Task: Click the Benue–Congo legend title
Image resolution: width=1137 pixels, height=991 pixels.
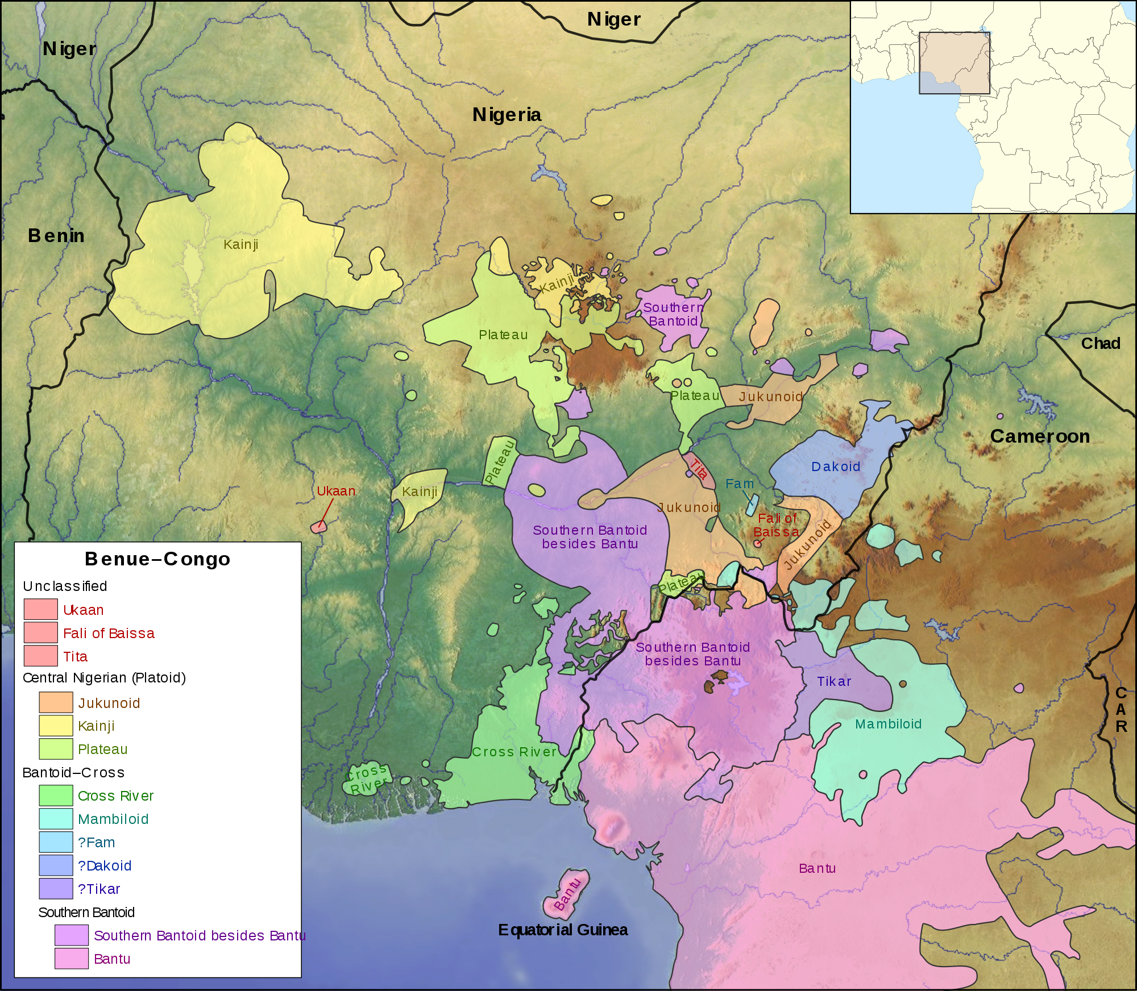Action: [157, 559]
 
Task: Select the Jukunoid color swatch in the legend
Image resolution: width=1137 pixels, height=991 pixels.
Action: [56, 702]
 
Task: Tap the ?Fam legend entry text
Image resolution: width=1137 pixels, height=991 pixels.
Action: [96, 842]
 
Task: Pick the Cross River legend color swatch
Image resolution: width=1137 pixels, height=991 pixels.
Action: [56, 795]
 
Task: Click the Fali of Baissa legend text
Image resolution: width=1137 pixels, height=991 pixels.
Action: [109, 633]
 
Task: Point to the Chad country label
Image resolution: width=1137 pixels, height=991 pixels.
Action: [1100, 343]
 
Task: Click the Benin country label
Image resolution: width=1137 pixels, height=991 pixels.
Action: [56, 235]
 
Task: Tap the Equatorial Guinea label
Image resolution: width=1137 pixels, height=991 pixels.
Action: [563, 930]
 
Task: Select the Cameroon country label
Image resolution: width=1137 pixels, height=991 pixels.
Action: [1040, 436]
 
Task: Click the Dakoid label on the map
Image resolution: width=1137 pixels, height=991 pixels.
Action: [835, 467]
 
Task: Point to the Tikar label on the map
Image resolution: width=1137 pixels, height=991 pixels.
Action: [834, 681]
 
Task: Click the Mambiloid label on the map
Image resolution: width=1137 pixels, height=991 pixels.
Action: [888, 724]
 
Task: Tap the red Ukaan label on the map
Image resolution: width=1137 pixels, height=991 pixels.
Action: [336, 491]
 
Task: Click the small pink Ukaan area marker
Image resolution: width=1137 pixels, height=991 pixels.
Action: [319, 527]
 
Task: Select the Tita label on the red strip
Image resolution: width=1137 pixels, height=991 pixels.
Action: [699, 469]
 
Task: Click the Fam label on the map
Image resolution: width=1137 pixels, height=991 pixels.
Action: [739, 484]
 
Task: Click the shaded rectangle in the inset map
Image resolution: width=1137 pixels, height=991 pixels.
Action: [955, 63]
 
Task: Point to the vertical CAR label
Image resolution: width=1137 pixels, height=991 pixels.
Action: [1121, 709]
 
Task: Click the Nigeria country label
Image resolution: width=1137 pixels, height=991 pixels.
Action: [507, 115]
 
